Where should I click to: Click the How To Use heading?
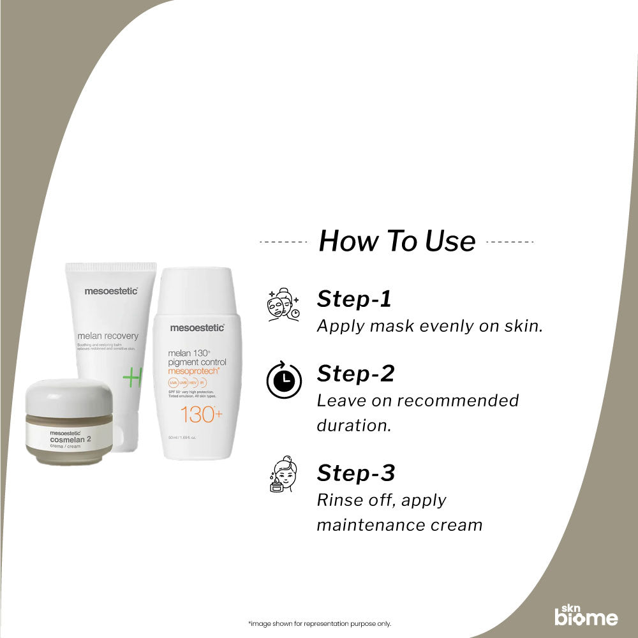coord(397,241)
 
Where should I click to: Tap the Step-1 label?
coord(354,299)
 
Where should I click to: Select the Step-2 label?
coord(355,373)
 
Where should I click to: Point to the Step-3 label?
coord(356,473)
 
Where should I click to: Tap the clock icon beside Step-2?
coord(284,381)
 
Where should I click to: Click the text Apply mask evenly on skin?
coord(429,326)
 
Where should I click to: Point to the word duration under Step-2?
coord(353,426)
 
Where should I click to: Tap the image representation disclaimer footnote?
coord(319,623)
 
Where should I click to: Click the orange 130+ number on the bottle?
coord(201,415)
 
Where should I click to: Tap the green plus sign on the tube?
coord(133,378)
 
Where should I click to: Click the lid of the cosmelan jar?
coord(67,396)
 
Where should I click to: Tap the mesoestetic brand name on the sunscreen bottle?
coord(197,327)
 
